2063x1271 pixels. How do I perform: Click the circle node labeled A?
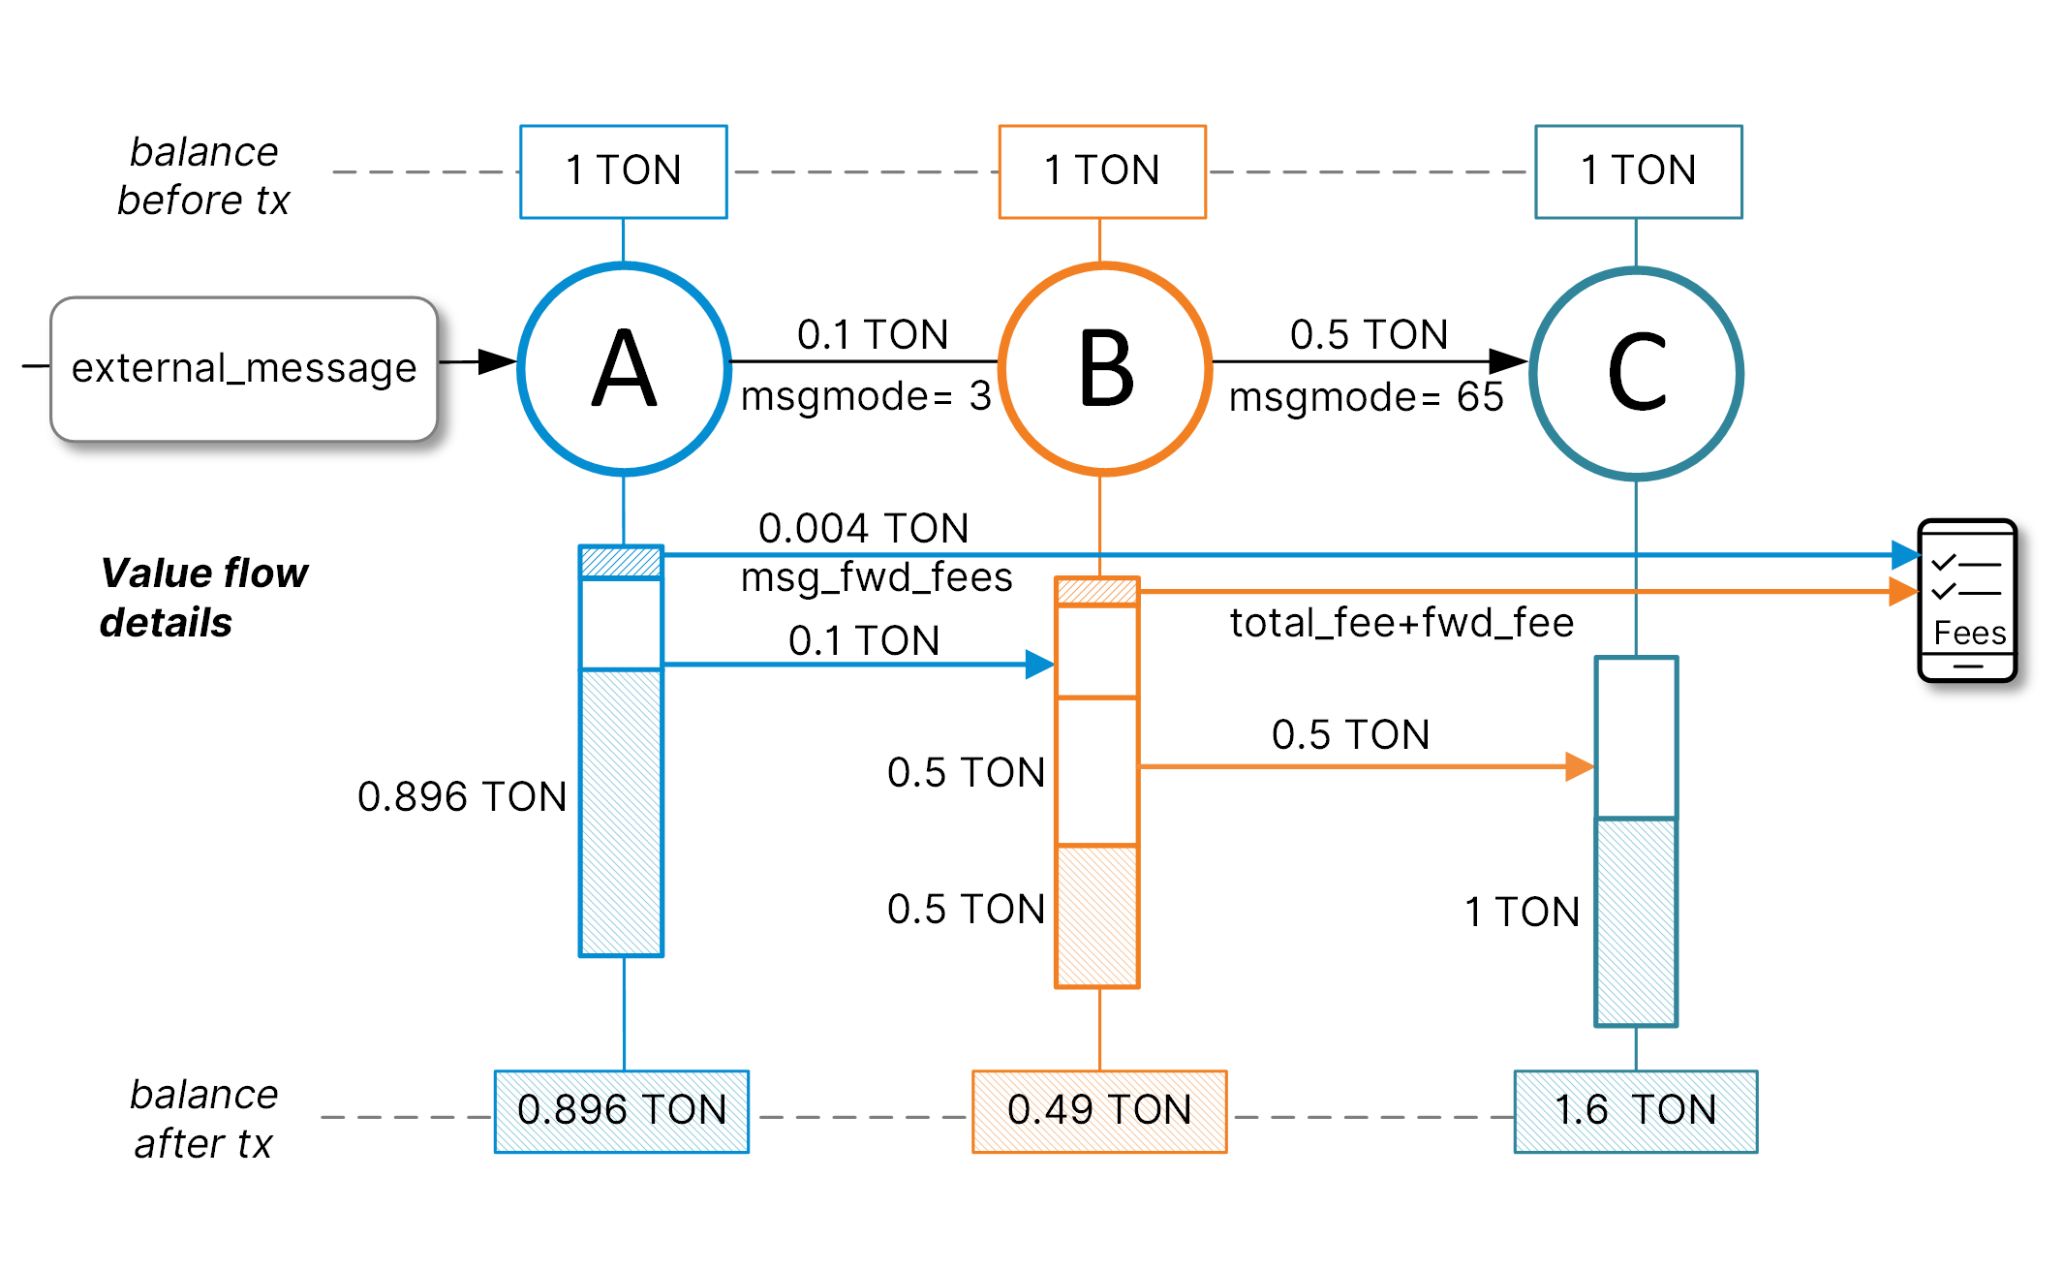(624, 368)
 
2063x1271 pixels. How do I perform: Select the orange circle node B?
(1104, 368)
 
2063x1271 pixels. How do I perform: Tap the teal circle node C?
(1636, 373)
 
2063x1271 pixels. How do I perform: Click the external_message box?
(244, 369)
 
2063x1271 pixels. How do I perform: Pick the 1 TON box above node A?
(623, 171)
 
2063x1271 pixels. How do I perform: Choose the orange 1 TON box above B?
(1102, 171)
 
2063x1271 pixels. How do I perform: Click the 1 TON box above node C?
(1638, 171)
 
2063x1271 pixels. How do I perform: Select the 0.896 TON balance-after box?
(622, 1111)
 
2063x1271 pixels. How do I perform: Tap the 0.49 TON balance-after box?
(1099, 1111)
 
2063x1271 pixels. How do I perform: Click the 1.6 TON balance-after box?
(1636, 1111)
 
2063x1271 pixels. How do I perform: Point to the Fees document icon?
(1967, 601)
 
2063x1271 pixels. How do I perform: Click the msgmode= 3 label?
(866, 396)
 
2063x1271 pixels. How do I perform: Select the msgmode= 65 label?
(1366, 397)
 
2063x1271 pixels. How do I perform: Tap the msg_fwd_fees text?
(877, 577)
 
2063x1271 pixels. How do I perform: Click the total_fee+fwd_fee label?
(1401, 623)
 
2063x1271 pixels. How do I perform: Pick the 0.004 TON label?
(863, 529)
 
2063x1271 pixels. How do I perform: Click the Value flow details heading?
(203, 598)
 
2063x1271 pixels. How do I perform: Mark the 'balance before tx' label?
(203, 176)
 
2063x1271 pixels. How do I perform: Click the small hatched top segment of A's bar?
(621, 562)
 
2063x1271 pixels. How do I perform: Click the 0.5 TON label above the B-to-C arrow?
(1369, 335)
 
